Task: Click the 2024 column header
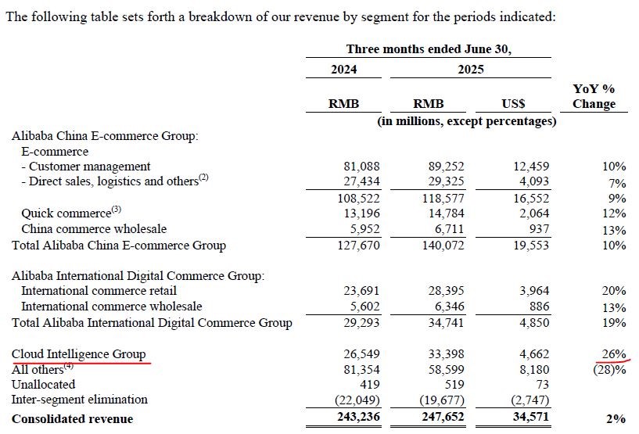343,70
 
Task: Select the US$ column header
513,104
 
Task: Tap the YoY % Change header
594,96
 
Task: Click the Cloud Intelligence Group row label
79,354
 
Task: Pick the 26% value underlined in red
614,353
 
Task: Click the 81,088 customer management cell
361,167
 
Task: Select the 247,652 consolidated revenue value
443,417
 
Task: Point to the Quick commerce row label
66,213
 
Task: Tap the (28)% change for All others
609,370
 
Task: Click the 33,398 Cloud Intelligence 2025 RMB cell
447,353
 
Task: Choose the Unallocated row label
44,384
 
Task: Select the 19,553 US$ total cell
531,245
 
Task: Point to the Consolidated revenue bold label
73,419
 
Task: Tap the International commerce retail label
99,291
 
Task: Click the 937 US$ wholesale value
539,228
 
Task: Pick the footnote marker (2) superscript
203,178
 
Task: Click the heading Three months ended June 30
429,49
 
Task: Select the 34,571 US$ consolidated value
531,417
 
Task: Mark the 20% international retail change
614,291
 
